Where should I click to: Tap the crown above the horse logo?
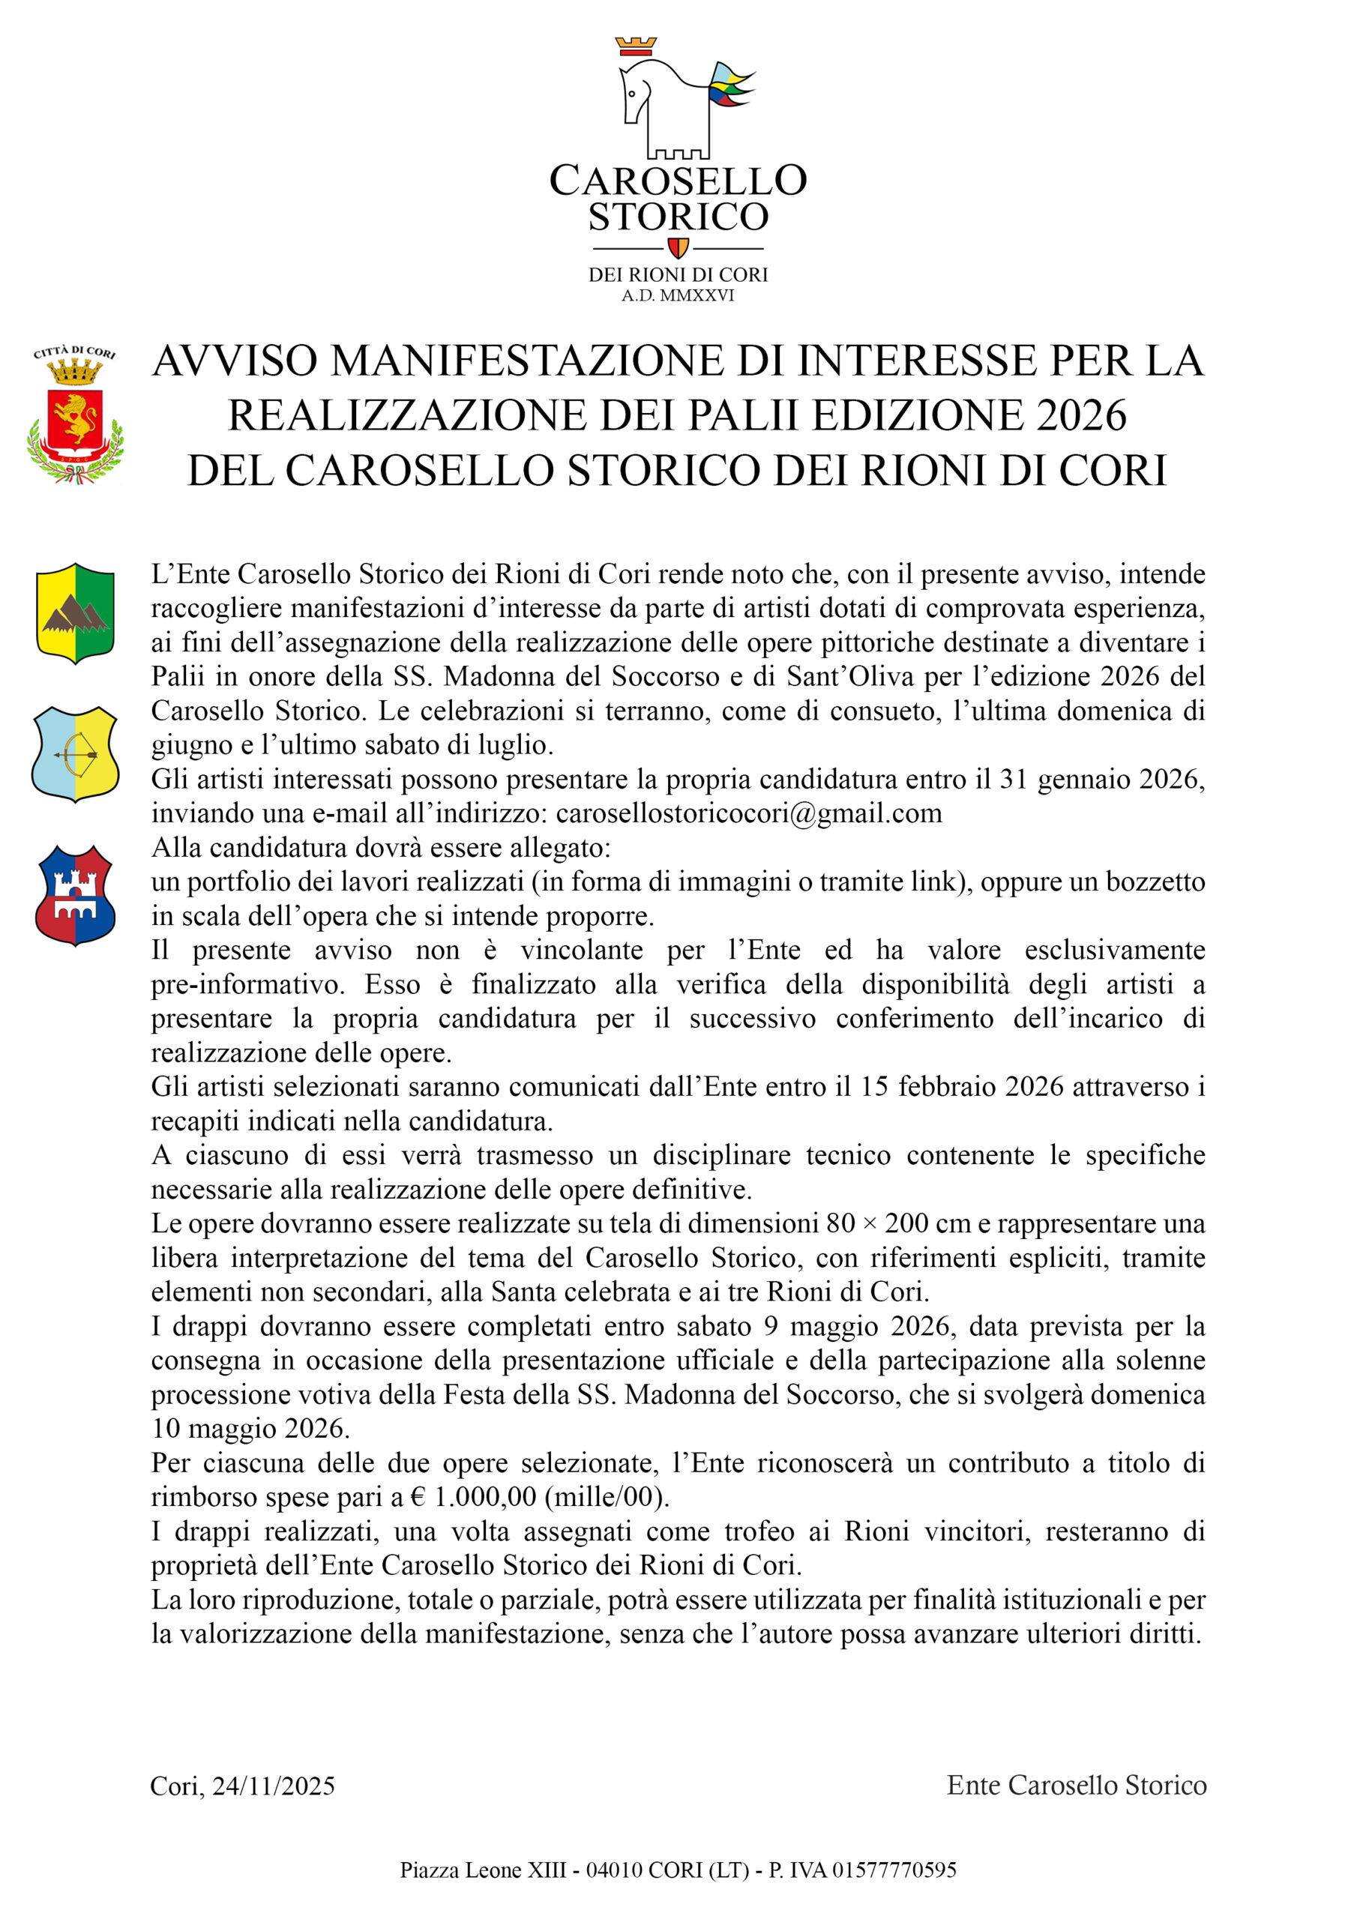[x=636, y=46]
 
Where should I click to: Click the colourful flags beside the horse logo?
[x=730, y=86]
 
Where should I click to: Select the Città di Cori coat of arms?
[x=75, y=415]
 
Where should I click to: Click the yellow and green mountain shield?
[x=75, y=613]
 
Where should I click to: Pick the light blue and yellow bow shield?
[x=75, y=754]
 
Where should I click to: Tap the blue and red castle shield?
[x=75, y=895]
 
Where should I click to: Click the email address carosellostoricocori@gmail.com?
[x=748, y=813]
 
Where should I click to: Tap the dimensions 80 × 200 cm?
[x=898, y=1223]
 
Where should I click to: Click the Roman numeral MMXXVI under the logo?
[x=697, y=295]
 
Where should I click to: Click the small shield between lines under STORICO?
[x=678, y=248]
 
